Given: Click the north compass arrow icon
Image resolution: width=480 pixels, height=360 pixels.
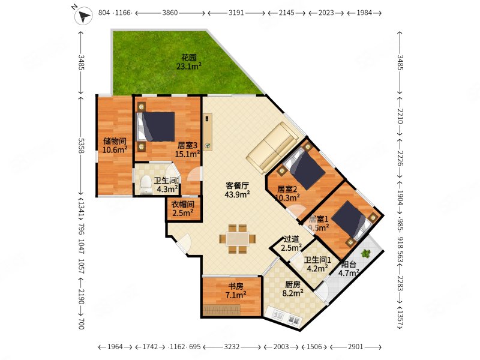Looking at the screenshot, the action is (83, 16).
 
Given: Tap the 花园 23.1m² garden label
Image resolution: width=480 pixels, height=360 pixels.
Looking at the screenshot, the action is (188, 62).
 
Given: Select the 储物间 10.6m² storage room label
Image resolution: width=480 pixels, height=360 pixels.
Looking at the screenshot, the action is (115, 145).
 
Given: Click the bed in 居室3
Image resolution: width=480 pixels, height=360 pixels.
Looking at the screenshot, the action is (156, 127).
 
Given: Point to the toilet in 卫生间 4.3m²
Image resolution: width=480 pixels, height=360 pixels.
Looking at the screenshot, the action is (146, 185).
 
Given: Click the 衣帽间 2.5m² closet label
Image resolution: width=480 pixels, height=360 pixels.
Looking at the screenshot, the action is (183, 208).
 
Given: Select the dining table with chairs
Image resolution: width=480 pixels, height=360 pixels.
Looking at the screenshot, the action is (238, 239).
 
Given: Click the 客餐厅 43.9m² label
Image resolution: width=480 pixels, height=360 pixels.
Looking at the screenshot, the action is (237, 190).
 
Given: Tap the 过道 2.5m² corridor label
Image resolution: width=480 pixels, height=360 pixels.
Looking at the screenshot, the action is (291, 243).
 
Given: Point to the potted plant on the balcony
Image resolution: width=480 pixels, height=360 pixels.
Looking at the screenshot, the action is (365, 253).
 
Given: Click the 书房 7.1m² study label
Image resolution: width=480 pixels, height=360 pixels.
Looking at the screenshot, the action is (236, 290).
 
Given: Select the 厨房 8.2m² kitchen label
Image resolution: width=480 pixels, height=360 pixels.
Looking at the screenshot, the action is (293, 289).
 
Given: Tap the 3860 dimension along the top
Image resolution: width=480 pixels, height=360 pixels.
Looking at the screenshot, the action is (170, 13).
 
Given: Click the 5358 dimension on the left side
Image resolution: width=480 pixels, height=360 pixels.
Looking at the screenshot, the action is (82, 145).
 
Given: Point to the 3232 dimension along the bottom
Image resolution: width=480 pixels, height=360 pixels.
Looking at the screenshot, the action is (232, 347).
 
